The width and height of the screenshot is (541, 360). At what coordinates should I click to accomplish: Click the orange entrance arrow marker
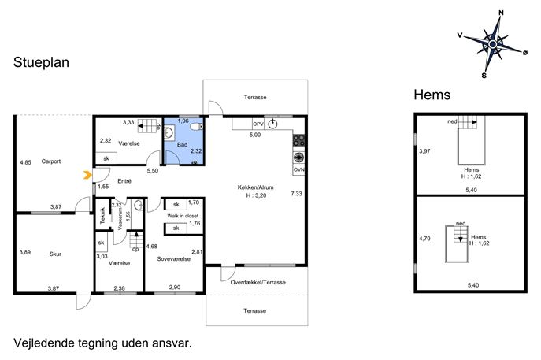87,176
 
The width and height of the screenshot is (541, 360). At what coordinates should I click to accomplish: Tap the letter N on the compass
502,13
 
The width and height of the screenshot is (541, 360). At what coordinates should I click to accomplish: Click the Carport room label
50,161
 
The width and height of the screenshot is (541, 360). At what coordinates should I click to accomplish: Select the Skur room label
55,254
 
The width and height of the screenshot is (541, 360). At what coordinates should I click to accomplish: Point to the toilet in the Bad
197,128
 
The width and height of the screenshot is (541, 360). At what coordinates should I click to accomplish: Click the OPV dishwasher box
258,124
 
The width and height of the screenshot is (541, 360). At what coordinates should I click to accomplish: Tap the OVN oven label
298,169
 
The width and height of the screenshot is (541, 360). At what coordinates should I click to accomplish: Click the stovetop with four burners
298,140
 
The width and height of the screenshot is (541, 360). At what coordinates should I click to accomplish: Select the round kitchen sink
273,124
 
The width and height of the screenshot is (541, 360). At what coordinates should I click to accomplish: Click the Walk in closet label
183,216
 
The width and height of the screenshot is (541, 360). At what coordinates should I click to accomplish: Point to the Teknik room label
102,216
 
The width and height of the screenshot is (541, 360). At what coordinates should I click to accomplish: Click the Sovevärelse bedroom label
173,259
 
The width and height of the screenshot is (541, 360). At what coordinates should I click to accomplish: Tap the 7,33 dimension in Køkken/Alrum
296,194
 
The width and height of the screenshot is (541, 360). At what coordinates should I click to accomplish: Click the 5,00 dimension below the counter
255,135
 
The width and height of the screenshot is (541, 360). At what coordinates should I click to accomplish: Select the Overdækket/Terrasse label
258,282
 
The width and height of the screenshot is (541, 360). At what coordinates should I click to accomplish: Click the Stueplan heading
42,62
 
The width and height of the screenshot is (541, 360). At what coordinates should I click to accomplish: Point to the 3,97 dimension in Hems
424,151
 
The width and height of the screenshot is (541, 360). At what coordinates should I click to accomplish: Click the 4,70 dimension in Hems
424,239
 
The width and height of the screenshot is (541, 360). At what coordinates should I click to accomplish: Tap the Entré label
124,181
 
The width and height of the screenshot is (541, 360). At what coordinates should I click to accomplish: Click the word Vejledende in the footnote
44,343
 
